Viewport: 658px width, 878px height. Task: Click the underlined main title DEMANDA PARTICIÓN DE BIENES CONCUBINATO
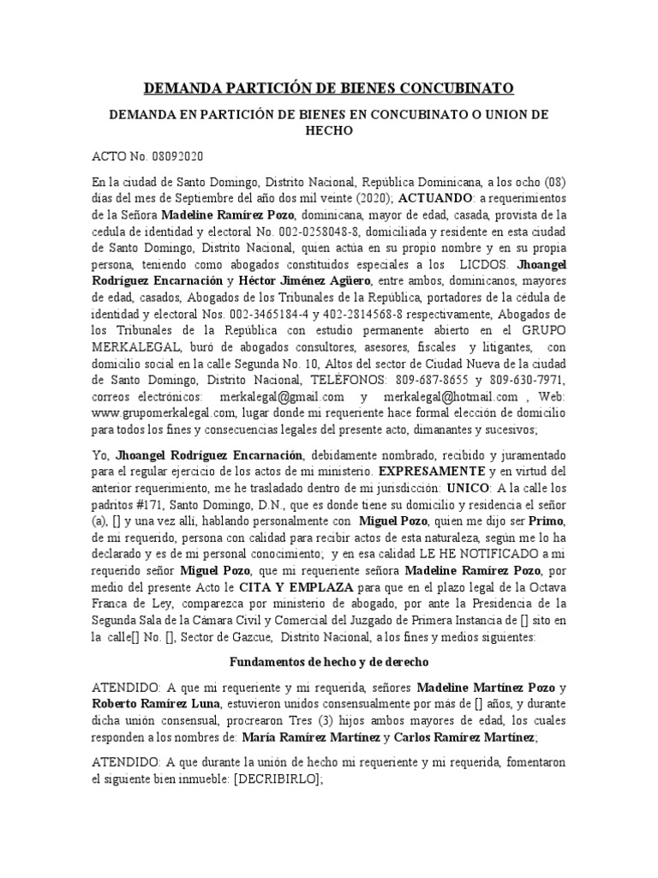pos(328,87)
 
